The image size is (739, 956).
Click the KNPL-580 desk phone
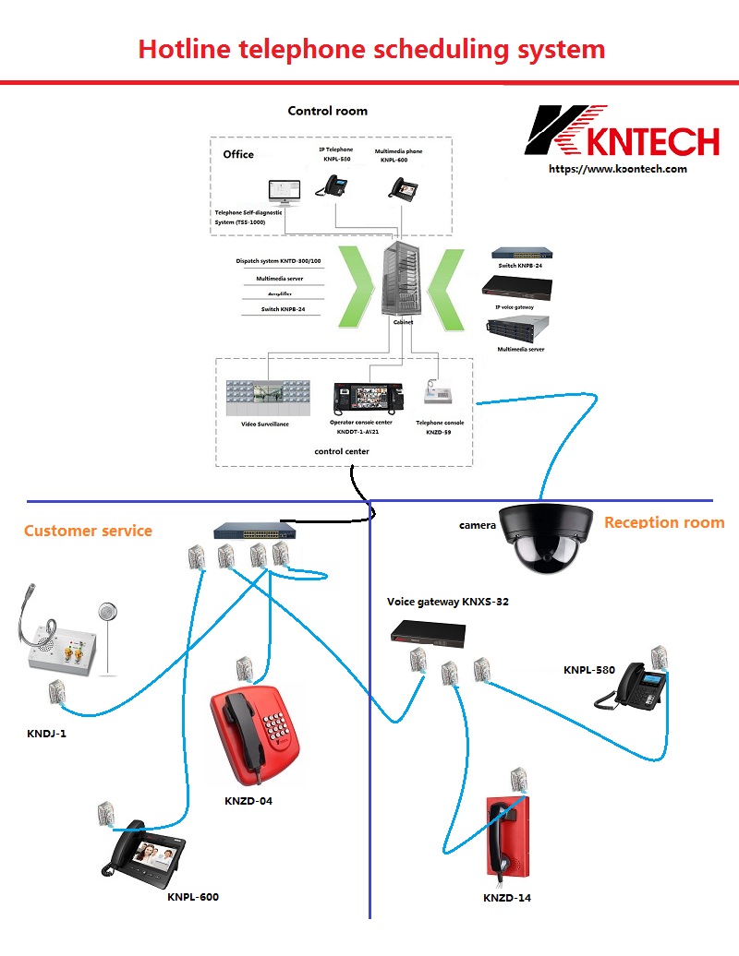(x=636, y=687)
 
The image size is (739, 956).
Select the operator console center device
(x=369, y=398)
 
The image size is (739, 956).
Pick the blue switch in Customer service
(x=255, y=531)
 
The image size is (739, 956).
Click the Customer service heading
(x=88, y=531)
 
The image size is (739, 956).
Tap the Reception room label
(x=663, y=522)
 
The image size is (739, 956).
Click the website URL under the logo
(x=617, y=169)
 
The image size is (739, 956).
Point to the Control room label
(x=327, y=111)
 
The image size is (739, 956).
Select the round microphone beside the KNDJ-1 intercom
(x=109, y=612)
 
